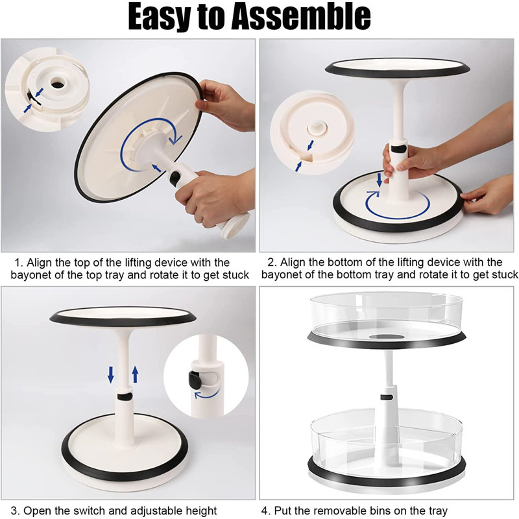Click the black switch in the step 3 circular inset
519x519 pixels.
pos(195,380)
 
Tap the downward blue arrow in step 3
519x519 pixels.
pos(111,374)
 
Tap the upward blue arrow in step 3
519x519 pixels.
pos(135,374)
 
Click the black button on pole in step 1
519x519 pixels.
pos(175,178)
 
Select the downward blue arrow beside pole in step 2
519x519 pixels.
pos(380,180)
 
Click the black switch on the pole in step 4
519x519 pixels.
pos(387,397)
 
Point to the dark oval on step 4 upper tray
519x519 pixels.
pos(387,337)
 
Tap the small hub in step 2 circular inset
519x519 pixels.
pos(317,127)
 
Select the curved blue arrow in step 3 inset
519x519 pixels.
pos(206,394)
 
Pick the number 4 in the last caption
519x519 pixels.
pos(265,511)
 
